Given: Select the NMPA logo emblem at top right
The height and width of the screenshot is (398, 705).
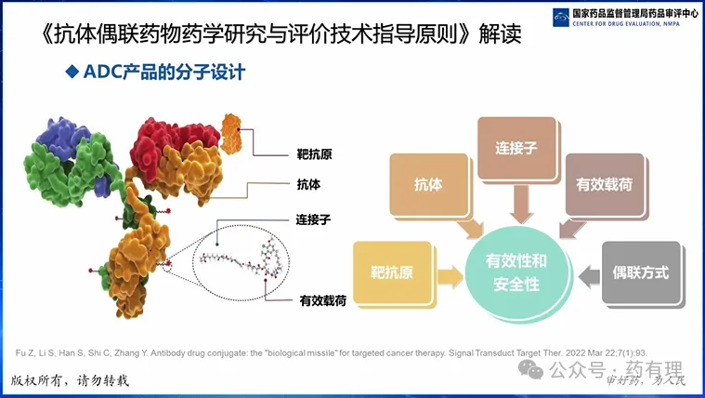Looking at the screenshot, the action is click(563, 17).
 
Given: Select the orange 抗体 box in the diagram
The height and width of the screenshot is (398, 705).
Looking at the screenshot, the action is click(428, 183).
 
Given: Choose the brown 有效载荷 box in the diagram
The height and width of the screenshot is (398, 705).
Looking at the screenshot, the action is click(601, 183).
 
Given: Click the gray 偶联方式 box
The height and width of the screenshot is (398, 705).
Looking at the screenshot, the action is click(641, 273).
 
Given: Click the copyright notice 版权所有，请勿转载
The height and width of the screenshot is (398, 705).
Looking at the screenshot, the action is click(71, 381).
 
